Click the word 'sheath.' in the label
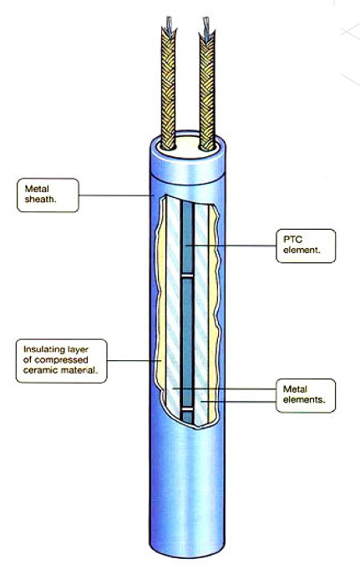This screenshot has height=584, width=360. [41, 199]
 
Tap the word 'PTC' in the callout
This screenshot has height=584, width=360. [292, 239]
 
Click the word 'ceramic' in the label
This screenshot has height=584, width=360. [38, 370]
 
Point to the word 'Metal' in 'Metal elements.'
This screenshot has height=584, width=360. [295, 389]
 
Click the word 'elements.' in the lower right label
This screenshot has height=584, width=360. [304, 399]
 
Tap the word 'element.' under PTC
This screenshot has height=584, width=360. [302, 250]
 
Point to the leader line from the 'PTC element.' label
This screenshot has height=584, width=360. [231, 245]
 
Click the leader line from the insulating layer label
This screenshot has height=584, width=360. [134, 360]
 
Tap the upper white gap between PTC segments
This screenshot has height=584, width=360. [187, 277]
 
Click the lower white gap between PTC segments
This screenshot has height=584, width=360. [187, 409]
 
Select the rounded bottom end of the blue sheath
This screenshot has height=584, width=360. [187, 551]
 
